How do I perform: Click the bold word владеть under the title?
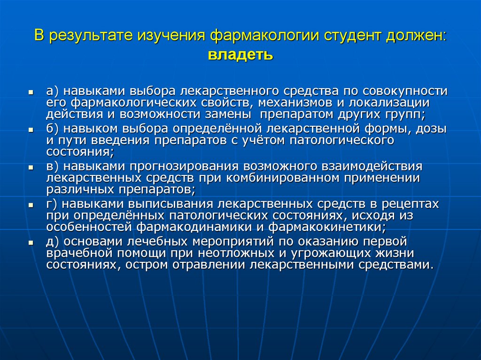240,55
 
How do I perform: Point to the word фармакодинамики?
197,228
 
